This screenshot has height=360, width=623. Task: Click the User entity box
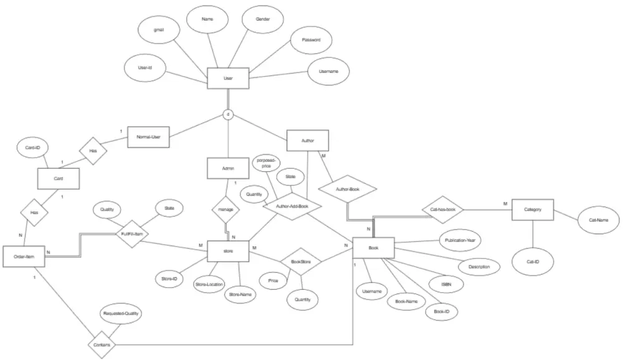point(228,78)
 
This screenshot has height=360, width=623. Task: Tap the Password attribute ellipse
point(311,40)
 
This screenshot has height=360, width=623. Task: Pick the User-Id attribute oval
point(146,67)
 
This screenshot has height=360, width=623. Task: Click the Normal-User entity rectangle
point(148,137)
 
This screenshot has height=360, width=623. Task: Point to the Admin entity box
point(228,169)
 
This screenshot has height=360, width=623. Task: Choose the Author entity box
point(307,141)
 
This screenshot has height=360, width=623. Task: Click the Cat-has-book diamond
point(443,210)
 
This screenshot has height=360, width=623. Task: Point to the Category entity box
point(533,210)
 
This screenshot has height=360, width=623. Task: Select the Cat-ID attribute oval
point(533,262)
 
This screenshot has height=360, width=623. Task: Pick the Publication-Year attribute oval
point(460,239)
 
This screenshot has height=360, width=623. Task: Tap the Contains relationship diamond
point(100,344)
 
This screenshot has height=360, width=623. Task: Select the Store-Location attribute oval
point(209,285)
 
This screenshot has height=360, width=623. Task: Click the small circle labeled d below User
point(229,115)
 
